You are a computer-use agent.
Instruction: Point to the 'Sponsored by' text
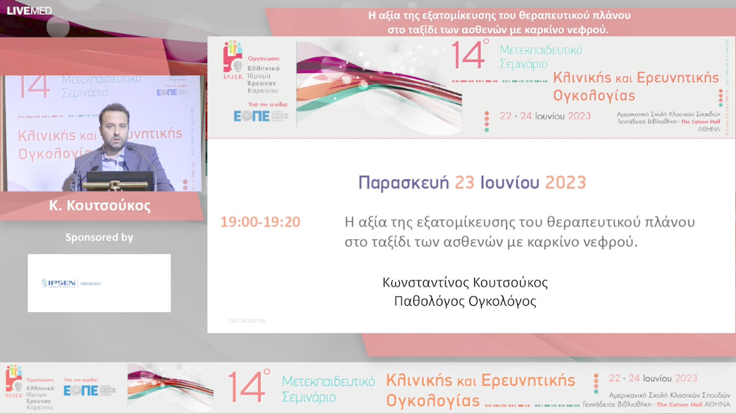99,238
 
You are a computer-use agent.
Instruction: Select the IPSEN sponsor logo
71,283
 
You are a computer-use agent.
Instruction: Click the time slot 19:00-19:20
260,222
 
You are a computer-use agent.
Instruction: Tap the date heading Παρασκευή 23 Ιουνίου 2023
472,182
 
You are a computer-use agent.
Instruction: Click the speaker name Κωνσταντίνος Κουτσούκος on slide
465,282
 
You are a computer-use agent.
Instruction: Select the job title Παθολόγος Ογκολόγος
465,301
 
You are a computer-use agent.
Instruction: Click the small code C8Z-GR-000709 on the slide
246,320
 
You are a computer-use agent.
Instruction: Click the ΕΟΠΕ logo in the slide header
251,116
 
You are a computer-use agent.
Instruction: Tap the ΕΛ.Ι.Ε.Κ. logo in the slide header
232,58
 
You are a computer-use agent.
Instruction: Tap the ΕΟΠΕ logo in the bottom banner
81,390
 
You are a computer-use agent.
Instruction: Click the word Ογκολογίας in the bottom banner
433,398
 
